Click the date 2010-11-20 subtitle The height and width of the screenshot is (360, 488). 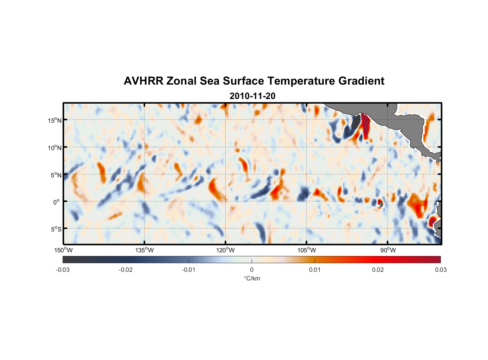(x=252, y=96)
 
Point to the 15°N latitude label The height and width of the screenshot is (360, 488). (x=54, y=120)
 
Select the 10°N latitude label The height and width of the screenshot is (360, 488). (x=54, y=148)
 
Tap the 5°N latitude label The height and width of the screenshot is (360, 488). (x=56, y=175)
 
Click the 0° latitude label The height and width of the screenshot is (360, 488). (x=57, y=202)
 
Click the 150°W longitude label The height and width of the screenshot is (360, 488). (x=64, y=250)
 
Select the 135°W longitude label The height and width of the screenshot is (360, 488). (x=145, y=250)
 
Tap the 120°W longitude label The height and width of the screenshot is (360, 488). (x=226, y=250)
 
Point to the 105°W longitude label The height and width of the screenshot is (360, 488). (x=307, y=250)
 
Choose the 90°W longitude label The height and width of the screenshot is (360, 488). (x=388, y=250)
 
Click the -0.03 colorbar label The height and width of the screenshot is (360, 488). (x=63, y=270)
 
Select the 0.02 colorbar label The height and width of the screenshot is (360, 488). (x=378, y=270)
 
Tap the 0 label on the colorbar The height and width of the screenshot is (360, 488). (x=252, y=270)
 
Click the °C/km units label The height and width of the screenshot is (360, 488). (x=252, y=278)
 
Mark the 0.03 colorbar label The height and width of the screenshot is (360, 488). (x=440, y=270)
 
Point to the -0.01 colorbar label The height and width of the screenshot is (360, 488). (x=189, y=270)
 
